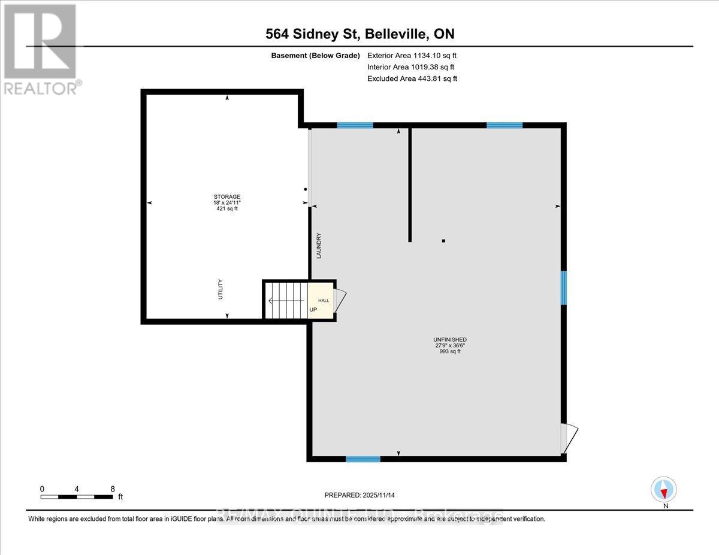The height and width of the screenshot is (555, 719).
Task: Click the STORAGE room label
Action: pos(227,197)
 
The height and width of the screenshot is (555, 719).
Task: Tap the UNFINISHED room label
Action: pos(451,339)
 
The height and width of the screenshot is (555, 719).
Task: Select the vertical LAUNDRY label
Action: pos(319,245)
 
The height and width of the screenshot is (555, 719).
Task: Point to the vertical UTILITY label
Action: pos(220,289)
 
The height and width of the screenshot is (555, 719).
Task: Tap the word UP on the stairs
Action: pos(313,310)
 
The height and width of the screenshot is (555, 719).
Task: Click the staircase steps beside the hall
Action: pos(285,300)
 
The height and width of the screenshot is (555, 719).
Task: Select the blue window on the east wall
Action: pos(563,288)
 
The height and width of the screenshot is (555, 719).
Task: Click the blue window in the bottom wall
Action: pos(362,459)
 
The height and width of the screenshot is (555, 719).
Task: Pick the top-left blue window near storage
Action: pos(355,125)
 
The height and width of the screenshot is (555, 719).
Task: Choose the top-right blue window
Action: pos(504,125)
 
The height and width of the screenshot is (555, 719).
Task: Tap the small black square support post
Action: pos(443,241)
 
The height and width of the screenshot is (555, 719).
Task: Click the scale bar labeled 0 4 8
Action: pos(76,496)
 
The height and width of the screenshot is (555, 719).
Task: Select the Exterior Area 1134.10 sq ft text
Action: pos(412,55)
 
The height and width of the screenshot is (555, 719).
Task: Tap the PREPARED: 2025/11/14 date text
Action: pos(359,495)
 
